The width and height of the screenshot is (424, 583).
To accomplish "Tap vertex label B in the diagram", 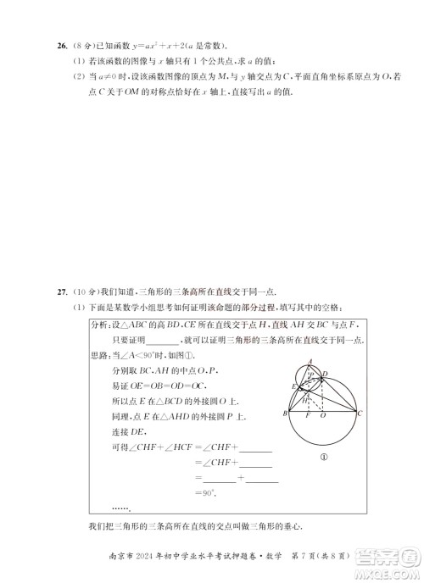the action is click(285, 414).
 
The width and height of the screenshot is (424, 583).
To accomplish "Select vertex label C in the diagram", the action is click(360, 414).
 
